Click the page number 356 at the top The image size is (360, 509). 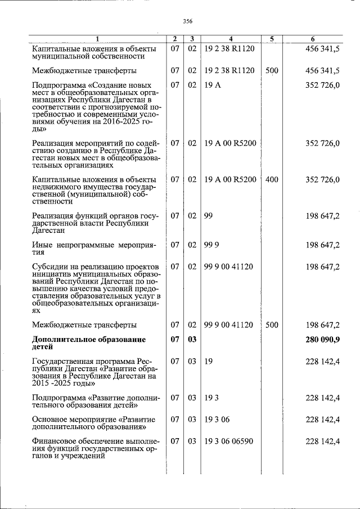click(188, 21)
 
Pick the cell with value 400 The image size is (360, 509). click(272, 179)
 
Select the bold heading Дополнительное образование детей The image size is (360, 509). click(89, 343)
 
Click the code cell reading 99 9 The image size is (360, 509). click(210, 245)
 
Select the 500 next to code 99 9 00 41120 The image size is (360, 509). click(272, 325)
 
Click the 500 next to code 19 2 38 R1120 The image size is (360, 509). click(272, 70)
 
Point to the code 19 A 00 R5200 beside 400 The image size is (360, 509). click(230, 179)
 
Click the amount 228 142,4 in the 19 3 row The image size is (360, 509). click(322, 398)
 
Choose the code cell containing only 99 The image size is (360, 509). click(208, 215)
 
